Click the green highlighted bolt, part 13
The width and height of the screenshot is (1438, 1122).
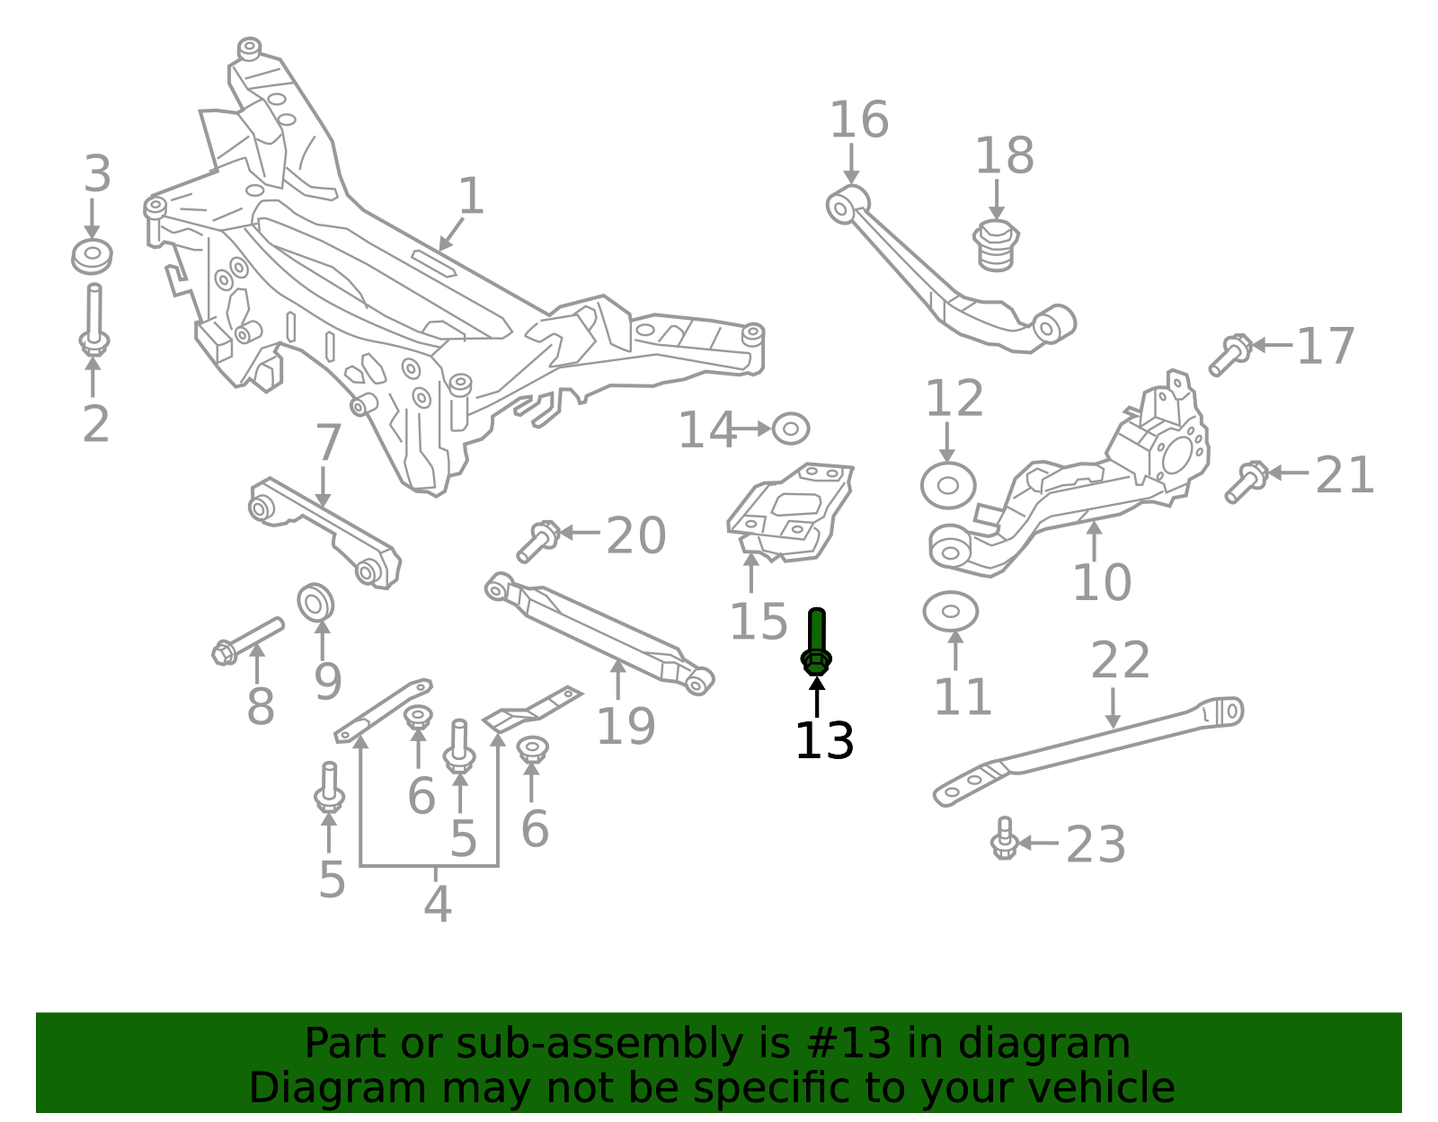pos(816,642)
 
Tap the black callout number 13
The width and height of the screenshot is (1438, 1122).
pos(824,741)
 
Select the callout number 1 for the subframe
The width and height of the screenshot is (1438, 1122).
pos(471,196)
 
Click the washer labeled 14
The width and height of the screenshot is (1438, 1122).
pos(790,429)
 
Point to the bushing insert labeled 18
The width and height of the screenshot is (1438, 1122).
pos(995,244)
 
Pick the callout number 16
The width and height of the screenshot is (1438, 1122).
pos(858,120)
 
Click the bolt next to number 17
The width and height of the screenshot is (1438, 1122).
pos(1229,353)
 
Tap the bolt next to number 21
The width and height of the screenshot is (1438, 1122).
pos(1246,481)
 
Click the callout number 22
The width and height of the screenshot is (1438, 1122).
pos(1120,661)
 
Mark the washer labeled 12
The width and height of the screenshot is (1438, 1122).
pos(948,485)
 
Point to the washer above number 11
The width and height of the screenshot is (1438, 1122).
pos(950,612)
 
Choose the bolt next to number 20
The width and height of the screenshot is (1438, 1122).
pos(538,541)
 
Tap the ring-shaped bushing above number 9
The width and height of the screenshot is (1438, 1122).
pos(315,602)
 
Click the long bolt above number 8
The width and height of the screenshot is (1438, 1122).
pos(248,638)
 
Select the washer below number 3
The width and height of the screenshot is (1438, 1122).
pos(92,256)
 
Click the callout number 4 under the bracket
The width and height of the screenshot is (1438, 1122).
pos(437,904)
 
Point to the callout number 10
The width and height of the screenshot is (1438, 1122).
pos(1102,583)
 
